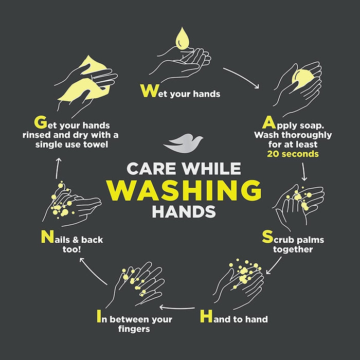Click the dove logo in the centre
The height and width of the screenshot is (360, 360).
[183, 143]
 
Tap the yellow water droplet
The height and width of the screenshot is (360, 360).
[183, 39]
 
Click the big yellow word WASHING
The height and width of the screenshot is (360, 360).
[184, 190]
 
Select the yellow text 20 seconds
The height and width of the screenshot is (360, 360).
[293, 154]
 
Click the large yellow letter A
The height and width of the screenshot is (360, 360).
[269, 122]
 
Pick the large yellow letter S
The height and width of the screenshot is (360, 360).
[267, 237]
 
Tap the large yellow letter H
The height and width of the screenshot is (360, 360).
[206, 316]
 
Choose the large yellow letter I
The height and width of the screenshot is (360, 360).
[99, 316]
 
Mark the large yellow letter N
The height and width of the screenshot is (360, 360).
[47, 237]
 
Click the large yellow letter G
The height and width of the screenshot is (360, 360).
[41, 122]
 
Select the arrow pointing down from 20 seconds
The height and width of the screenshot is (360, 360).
[304, 172]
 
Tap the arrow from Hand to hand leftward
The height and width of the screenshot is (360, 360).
[177, 308]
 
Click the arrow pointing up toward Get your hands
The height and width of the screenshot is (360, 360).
[58, 168]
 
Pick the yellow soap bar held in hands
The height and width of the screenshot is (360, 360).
[301, 79]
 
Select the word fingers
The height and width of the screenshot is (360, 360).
[134, 329]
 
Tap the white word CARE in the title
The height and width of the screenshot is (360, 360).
[151, 169]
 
